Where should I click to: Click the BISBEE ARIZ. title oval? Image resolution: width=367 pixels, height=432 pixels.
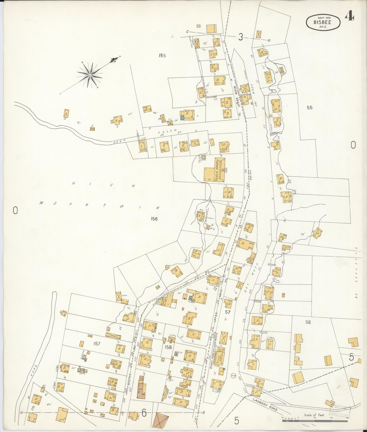(x=323, y=22)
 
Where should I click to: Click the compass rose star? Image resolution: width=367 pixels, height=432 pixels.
(x=90, y=75)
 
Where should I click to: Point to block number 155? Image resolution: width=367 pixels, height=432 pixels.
(x=162, y=55)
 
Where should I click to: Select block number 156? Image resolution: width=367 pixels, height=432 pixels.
(x=154, y=219)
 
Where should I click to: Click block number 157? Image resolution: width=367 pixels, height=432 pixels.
(x=97, y=344)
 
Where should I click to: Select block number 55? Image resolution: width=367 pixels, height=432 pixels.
(x=309, y=108)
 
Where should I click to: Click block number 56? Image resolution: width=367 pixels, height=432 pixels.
(x=308, y=322)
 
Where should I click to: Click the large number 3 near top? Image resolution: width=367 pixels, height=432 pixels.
(x=240, y=37)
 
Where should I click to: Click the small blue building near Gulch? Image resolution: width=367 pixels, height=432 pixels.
(x=182, y=117)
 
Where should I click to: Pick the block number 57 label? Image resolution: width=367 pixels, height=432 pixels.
(x=228, y=312)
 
